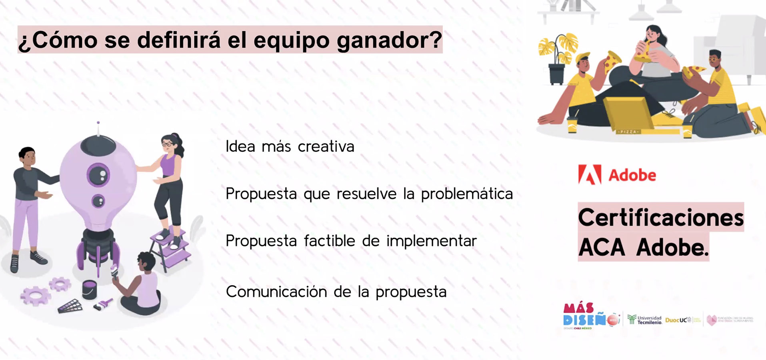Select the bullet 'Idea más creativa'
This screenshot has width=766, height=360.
tap(290, 146)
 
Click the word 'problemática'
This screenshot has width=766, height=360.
tap(466, 194)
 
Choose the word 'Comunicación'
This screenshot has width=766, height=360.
tap(276, 292)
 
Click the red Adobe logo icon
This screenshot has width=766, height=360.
tap(590, 175)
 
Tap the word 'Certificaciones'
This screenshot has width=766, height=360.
tap(660, 218)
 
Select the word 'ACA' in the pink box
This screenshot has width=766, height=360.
tap(601, 248)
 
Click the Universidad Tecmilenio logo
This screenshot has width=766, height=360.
tap(644, 320)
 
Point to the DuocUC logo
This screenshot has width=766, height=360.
tap(678, 320)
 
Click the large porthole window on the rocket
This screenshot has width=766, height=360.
tap(98, 174)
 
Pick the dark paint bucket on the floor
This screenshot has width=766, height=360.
tap(89, 289)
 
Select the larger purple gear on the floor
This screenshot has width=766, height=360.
tap(36, 296)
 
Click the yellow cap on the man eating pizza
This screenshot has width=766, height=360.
tap(584, 56)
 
